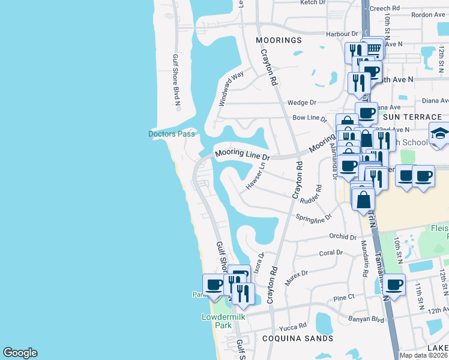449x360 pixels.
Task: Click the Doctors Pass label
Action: (x=172, y=134)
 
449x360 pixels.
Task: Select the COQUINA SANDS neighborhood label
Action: (x=298, y=338)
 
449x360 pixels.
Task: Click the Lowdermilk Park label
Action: (x=217, y=321)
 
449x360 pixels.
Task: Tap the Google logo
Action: (x=20, y=353)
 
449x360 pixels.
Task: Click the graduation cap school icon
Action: (x=440, y=134)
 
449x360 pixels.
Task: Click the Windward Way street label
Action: (x=231, y=88)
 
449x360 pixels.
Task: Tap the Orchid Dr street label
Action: (x=345, y=236)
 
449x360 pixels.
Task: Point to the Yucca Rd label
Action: (x=293, y=328)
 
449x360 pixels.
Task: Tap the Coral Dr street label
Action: (x=331, y=253)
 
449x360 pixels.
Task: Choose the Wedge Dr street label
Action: (x=301, y=103)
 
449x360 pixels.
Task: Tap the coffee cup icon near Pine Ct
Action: (x=394, y=284)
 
